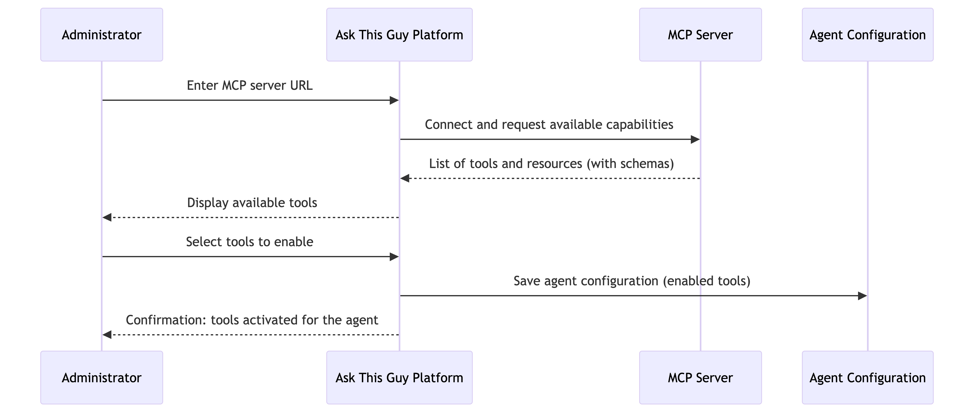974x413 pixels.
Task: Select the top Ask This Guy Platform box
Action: [399, 35]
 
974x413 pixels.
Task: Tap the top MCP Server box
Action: [700, 35]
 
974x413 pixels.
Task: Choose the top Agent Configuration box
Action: [867, 35]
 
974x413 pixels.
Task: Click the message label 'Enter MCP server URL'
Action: [250, 86]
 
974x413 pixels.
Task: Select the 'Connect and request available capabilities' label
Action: [549, 125]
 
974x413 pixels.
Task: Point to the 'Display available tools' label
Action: [252, 203]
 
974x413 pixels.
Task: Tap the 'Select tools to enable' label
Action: [250, 242]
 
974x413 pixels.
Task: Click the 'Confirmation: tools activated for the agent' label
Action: [252, 320]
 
